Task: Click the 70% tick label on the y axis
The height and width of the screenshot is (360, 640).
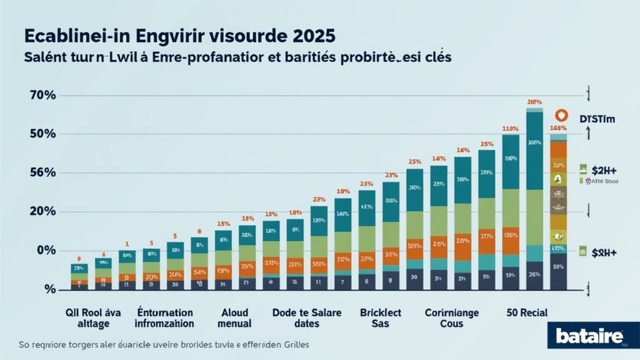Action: click(x=42, y=96)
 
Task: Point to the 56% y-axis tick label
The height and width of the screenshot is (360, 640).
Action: click(x=42, y=173)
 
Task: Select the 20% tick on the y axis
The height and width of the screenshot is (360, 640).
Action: click(x=42, y=212)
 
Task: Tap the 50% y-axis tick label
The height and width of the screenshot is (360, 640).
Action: click(x=42, y=134)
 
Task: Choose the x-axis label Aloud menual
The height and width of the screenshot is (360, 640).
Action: click(x=235, y=317)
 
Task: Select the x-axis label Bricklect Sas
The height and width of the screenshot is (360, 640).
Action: click(x=380, y=317)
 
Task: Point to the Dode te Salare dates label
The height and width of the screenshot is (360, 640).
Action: click(x=307, y=317)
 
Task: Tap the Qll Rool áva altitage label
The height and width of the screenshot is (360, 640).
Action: click(x=93, y=317)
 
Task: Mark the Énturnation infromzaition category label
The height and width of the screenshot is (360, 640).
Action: click(x=164, y=317)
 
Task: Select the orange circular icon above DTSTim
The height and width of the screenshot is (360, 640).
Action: click(x=562, y=116)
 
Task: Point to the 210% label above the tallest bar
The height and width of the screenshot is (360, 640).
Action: click(x=534, y=101)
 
